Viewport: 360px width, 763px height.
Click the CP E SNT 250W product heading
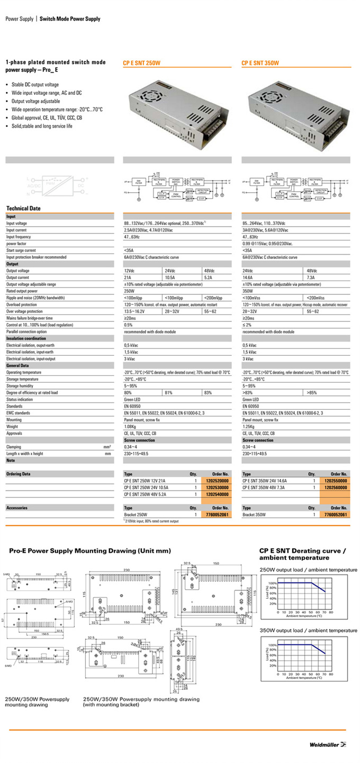click(x=141, y=63)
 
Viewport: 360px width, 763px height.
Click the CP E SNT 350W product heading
click(x=260, y=63)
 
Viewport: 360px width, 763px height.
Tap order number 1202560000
click(x=336, y=487)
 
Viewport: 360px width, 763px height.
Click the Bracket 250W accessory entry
click(x=136, y=515)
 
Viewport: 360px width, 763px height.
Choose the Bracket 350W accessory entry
click(x=254, y=515)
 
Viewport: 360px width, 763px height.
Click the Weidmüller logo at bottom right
click(x=328, y=745)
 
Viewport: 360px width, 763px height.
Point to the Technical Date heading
click(x=23, y=209)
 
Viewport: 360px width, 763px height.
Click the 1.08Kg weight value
click(x=131, y=426)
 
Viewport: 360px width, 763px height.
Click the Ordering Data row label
click(x=19, y=474)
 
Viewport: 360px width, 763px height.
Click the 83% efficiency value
click(x=208, y=393)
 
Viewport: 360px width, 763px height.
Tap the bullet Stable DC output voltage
click(x=35, y=85)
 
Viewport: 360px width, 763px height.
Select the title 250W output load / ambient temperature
click(x=308, y=569)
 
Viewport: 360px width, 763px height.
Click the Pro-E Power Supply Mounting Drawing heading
click(x=90, y=551)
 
